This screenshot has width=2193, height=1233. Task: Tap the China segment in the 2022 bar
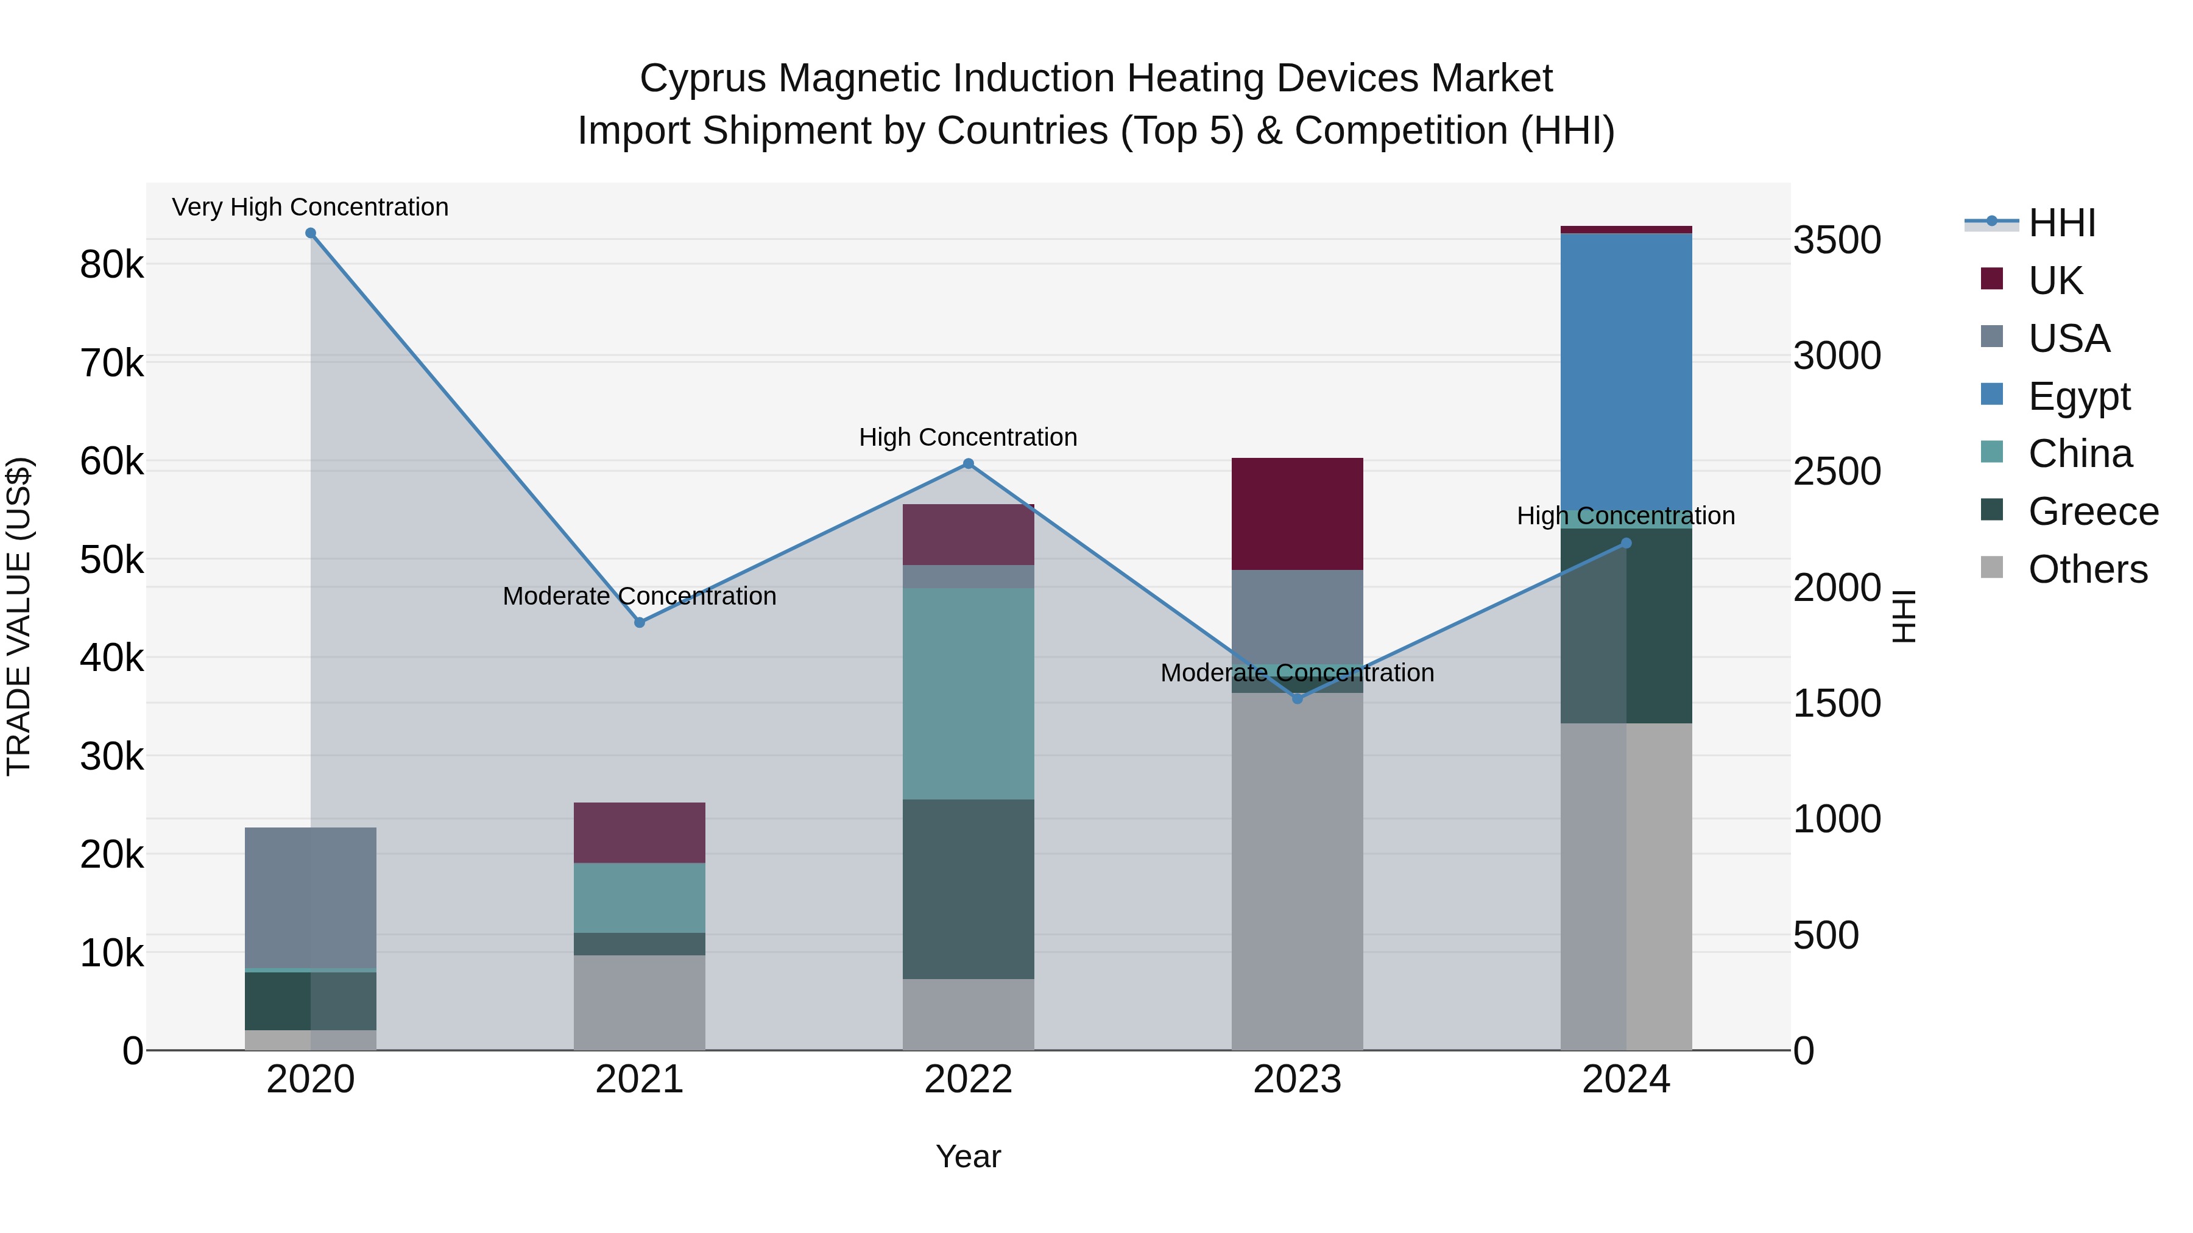pos(968,693)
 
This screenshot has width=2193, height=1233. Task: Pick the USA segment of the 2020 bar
pos(310,897)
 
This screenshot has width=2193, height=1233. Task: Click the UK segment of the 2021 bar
pos(640,832)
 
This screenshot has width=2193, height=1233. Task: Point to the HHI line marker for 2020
pos(311,233)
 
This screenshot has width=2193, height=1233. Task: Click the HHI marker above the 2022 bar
pos(968,464)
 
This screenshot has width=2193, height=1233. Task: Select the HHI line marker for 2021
pos(640,622)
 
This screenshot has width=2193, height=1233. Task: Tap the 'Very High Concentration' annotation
pos(310,207)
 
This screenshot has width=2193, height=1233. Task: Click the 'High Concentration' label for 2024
pos(1625,516)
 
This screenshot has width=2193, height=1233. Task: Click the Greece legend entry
pos(2092,511)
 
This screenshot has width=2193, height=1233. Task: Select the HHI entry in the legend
pos(2060,223)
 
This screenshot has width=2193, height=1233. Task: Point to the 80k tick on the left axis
pos(111,265)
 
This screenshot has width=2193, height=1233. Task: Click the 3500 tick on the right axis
pos(1836,240)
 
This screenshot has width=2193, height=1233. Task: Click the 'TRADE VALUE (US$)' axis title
pos(19,616)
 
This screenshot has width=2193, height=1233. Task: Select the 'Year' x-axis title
pos(968,1156)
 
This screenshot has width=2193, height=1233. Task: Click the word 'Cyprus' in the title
pos(702,79)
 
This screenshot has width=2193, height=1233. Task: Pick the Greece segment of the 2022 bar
pos(968,888)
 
